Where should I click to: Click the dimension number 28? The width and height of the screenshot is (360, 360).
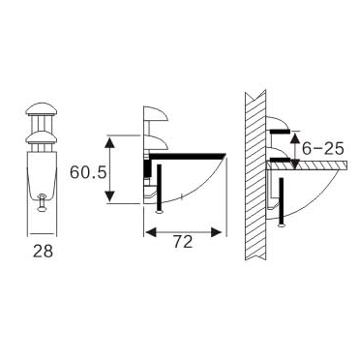point(43,252)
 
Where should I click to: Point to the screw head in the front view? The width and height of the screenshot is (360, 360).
point(43,202)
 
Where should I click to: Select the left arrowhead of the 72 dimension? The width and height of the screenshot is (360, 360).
point(148,231)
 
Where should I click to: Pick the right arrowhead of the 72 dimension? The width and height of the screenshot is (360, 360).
point(223,231)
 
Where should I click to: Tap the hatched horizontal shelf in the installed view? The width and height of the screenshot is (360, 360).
point(310,168)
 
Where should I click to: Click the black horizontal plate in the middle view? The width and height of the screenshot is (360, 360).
point(189,154)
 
